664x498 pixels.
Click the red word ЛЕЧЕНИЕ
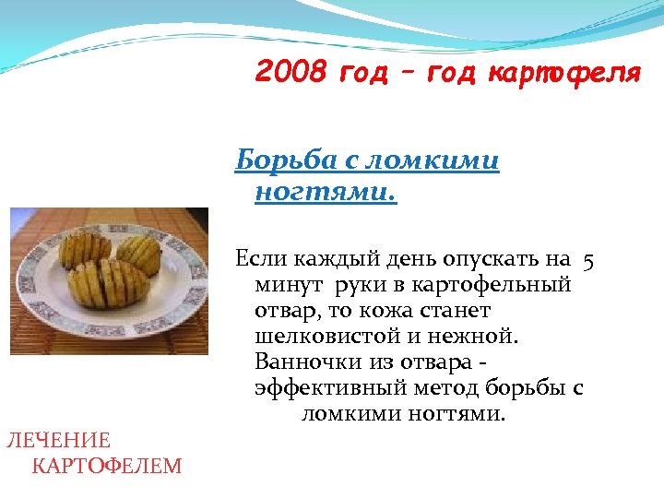click(x=58, y=440)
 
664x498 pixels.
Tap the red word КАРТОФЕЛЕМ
click(x=107, y=466)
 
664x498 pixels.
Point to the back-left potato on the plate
click(x=85, y=248)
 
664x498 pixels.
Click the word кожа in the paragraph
click(x=377, y=311)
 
